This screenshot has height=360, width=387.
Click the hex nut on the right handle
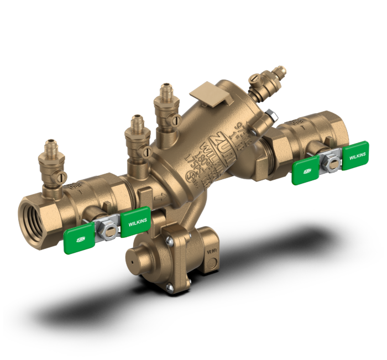pos(332,160)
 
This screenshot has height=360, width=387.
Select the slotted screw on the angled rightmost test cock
pos(255,80)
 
